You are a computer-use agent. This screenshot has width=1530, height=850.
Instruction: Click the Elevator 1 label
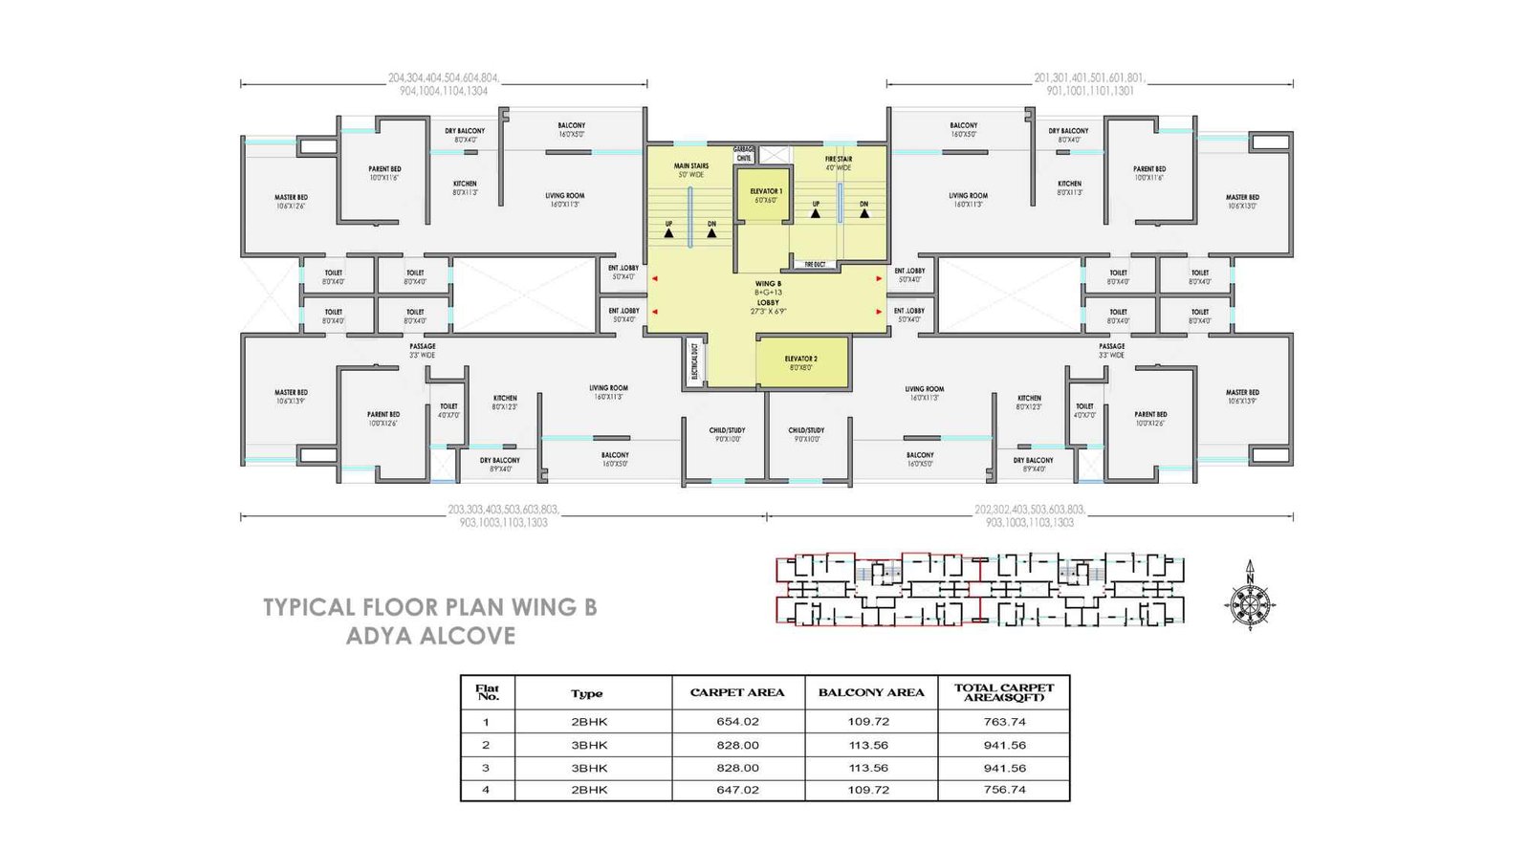tap(766, 195)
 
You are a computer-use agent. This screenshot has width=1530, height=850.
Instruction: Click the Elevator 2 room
tap(801, 362)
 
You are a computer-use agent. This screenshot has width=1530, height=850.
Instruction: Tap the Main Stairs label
tap(691, 170)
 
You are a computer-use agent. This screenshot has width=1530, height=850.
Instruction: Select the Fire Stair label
tap(839, 163)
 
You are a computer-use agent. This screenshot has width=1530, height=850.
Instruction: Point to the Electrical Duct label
tap(695, 361)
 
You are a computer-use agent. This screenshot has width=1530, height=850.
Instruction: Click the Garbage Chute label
tap(744, 154)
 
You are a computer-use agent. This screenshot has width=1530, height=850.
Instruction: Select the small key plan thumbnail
tap(979, 589)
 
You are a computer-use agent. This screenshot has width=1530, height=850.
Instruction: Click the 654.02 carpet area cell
tap(737, 722)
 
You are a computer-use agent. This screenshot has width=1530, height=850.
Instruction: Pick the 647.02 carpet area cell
tap(737, 790)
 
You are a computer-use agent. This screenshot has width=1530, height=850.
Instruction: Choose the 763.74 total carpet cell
tap(1004, 722)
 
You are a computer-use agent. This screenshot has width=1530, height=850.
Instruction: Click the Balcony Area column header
tap(871, 692)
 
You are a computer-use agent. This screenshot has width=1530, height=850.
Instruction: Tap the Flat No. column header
tap(488, 692)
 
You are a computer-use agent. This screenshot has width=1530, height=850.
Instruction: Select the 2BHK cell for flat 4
tap(589, 790)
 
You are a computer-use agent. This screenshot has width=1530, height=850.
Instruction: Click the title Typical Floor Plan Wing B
tap(429, 607)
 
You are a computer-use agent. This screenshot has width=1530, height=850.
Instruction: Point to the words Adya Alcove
tap(430, 636)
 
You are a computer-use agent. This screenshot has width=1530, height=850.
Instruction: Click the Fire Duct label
tap(815, 264)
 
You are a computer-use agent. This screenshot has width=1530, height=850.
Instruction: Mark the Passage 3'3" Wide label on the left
tap(422, 350)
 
